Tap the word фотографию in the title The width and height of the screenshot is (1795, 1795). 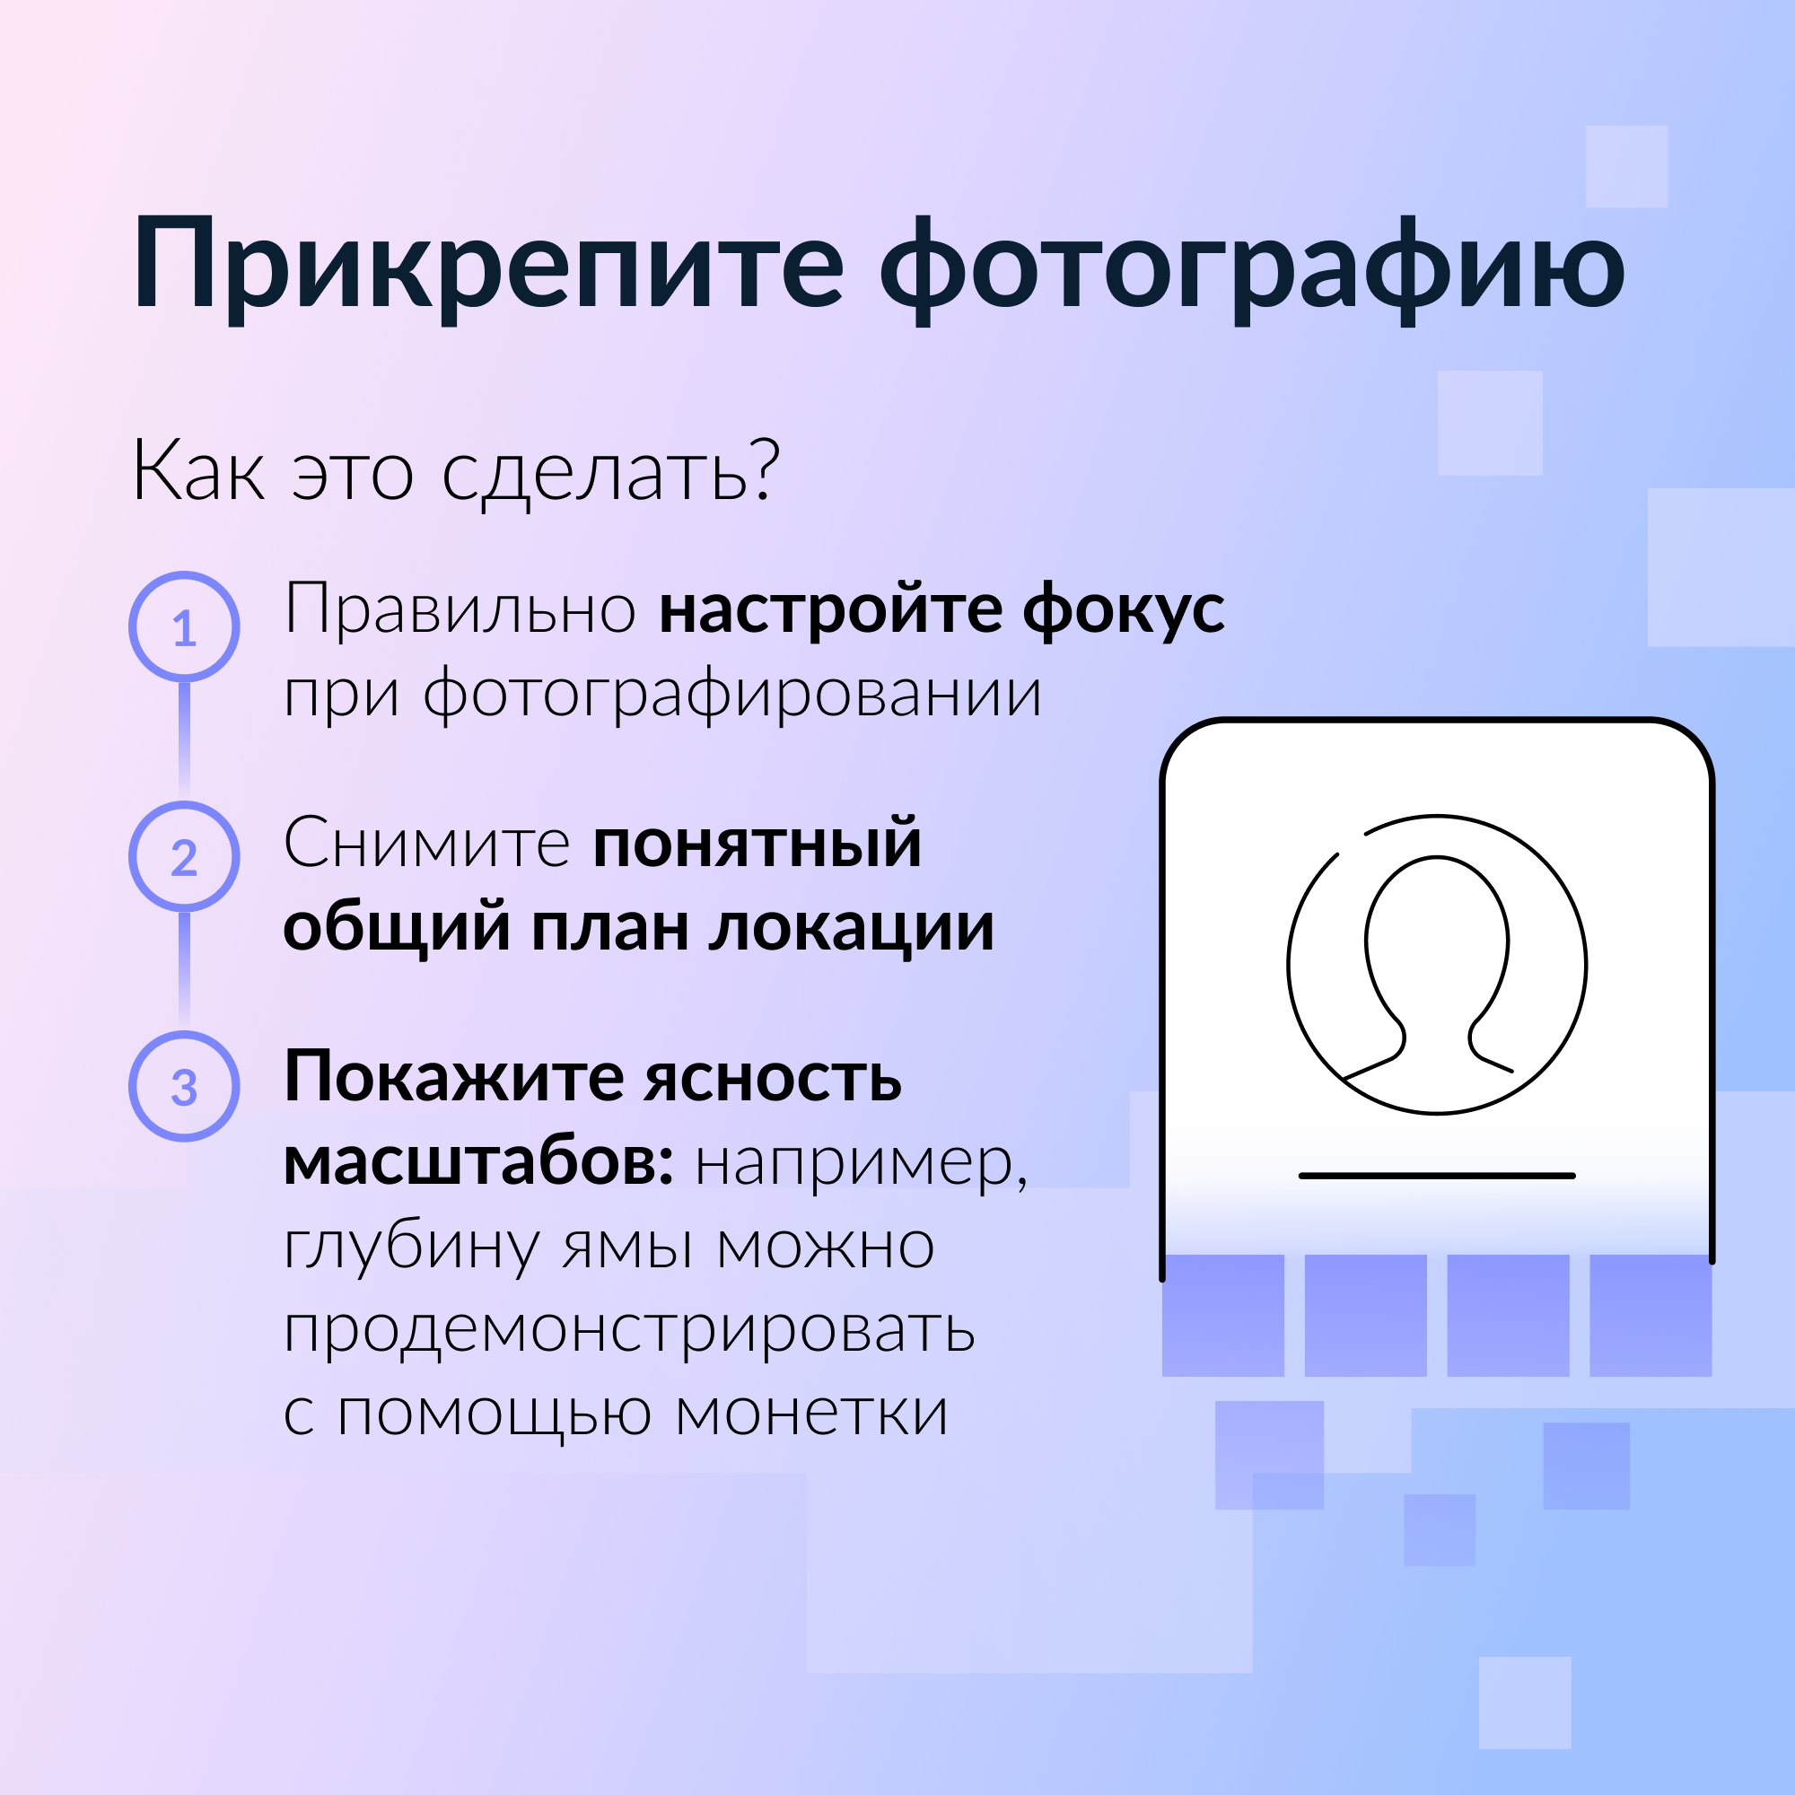(x=1251, y=270)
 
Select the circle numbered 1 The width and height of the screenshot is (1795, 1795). (x=184, y=626)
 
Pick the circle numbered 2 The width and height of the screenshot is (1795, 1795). (x=184, y=855)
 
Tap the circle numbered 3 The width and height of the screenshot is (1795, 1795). (x=184, y=1085)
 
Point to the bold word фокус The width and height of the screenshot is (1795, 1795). (x=1124, y=610)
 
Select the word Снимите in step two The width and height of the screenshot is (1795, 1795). (x=427, y=843)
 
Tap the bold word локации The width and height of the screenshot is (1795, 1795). (x=852, y=928)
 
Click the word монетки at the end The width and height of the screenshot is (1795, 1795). (x=811, y=1412)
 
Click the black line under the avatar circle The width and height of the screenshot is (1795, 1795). (x=1436, y=1177)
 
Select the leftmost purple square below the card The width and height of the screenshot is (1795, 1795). (x=1222, y=1315)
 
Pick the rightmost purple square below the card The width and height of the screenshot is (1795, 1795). (x=1651, y=1315)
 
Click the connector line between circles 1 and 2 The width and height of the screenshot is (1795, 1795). (x=184, y=740)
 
